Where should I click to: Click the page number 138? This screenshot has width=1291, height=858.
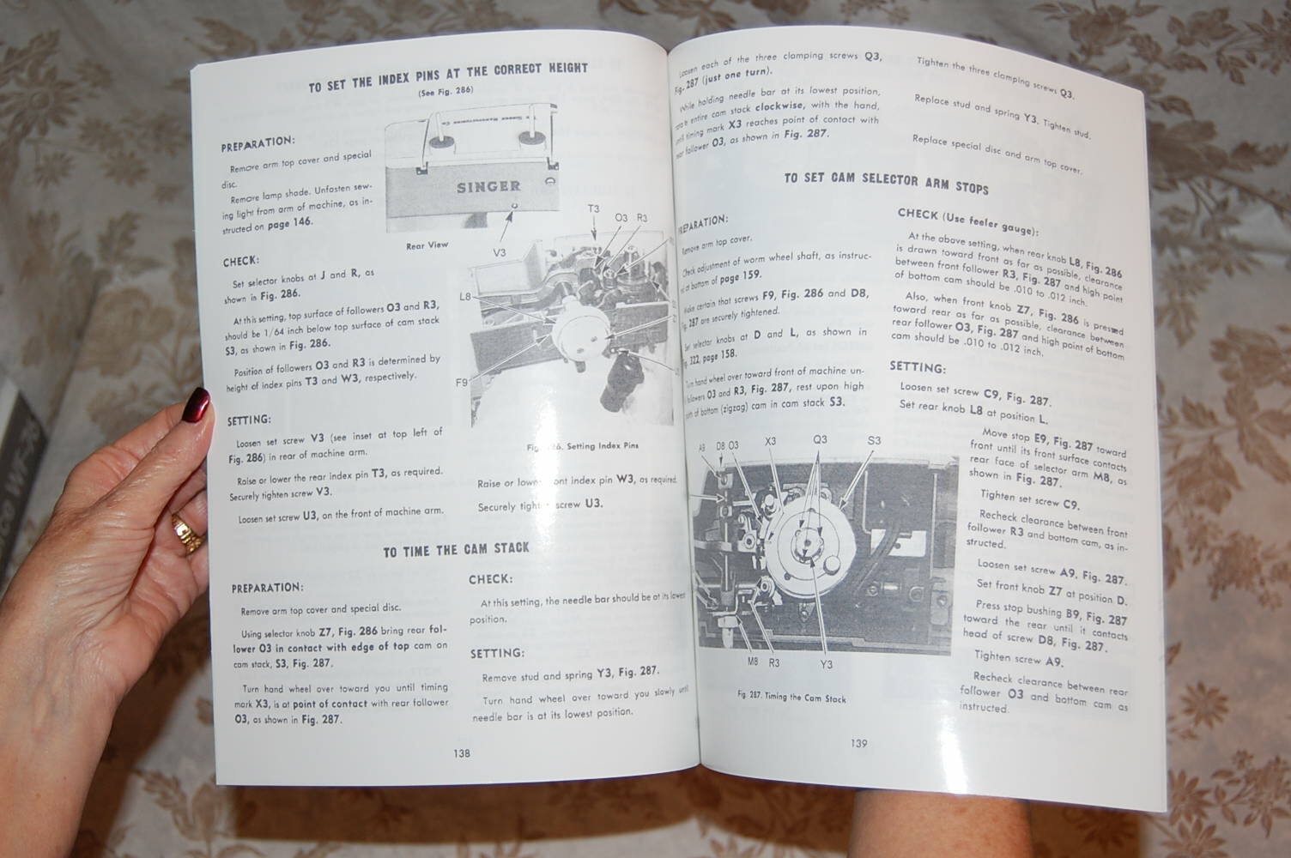pos(461,753)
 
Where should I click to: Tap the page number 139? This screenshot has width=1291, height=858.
pos(859,743)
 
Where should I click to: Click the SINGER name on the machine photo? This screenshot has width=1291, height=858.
pos(488,186)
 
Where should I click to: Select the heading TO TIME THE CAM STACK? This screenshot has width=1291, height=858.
pos(456,549)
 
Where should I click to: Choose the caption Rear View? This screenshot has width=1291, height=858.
pos(427,245)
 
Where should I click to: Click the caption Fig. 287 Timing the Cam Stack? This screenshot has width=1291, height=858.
pos(791,697)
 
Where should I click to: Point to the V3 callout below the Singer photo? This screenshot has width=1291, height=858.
pos(501,252)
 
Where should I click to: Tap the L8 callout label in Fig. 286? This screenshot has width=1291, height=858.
pos(465,297)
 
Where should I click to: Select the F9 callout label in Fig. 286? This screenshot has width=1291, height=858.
pos(462,383)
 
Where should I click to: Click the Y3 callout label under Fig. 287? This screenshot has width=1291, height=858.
pos(826,663)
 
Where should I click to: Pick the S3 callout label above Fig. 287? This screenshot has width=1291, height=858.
pos(874,441)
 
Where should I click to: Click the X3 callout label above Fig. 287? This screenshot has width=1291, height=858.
pos(770,441)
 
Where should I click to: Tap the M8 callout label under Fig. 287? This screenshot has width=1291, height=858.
pos(752,662)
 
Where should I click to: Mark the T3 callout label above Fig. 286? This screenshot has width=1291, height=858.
pos(593,208)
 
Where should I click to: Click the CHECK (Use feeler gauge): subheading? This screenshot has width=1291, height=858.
pos(967,221)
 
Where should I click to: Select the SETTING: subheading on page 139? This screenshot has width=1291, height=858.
pos(917,367)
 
